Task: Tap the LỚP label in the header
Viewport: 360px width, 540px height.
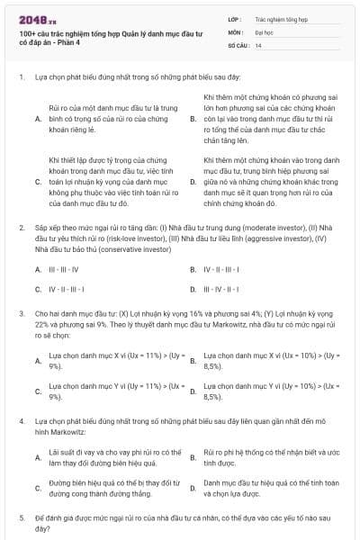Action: pos(234,18)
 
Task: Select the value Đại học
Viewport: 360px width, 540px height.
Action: pos(264,31)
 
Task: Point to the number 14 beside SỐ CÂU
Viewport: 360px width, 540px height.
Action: pos(258,44)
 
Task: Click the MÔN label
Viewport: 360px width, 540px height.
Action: pos(234,31)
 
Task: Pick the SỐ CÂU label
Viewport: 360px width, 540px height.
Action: pos(237,44)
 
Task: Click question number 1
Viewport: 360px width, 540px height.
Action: pos(21,77)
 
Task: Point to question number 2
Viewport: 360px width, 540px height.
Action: pos(21,229)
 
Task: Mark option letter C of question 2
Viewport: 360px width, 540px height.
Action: pos(38,289)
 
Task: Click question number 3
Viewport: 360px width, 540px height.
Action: pos(21,313)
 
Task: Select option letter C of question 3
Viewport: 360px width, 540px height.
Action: pos(38,391)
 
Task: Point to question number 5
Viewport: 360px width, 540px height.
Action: pos(21,519)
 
